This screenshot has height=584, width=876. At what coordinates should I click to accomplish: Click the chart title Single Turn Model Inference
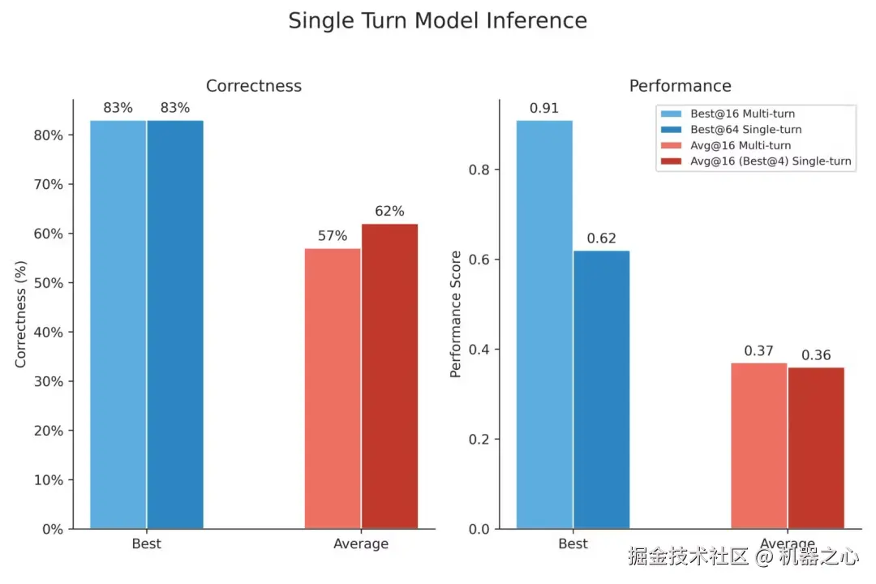click(437, 20)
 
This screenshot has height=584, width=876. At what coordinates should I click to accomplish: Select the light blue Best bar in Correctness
click(118, 324)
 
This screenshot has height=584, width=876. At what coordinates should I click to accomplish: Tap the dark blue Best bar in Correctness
click(175, 324)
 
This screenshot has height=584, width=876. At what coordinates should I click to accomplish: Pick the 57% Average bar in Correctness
click(333, 389)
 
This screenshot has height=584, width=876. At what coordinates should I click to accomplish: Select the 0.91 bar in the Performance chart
click(544, 324)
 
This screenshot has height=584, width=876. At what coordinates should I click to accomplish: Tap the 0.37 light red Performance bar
click(758, 446)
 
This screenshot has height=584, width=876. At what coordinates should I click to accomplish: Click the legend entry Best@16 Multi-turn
click(742, 114)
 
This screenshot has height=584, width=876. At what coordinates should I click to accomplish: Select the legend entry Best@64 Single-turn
click(745, 130)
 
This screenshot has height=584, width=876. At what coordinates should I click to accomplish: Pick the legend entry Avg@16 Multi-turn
click(739, 145)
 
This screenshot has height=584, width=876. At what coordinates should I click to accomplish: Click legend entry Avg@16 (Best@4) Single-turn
click(769, 161)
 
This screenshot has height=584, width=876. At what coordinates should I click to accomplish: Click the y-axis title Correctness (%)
click(21, 314)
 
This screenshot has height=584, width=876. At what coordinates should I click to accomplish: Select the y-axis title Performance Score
click(456, 314)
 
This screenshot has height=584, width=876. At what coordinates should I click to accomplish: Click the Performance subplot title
click(680, 86)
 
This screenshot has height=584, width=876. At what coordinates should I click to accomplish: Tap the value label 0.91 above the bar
click(544, 108)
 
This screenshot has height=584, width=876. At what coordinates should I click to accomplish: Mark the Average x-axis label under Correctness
click(361, 543)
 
